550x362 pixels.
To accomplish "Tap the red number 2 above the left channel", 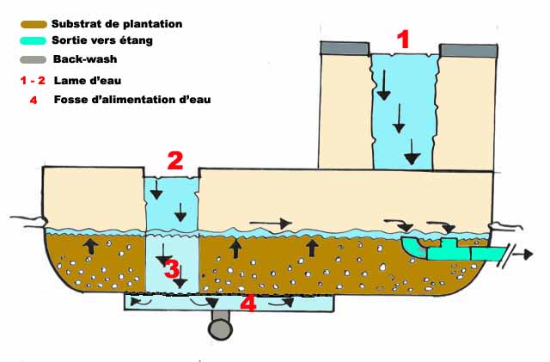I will [x=174, y=160].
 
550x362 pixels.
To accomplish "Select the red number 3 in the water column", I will [x=173, y=269].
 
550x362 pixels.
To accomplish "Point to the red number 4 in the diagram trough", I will [x=247, y=304].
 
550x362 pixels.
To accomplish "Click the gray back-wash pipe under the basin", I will [x=220, y=327].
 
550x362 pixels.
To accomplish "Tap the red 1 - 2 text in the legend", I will [x=32, y=80].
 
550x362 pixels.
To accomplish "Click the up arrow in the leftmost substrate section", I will [x=88, y=246].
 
